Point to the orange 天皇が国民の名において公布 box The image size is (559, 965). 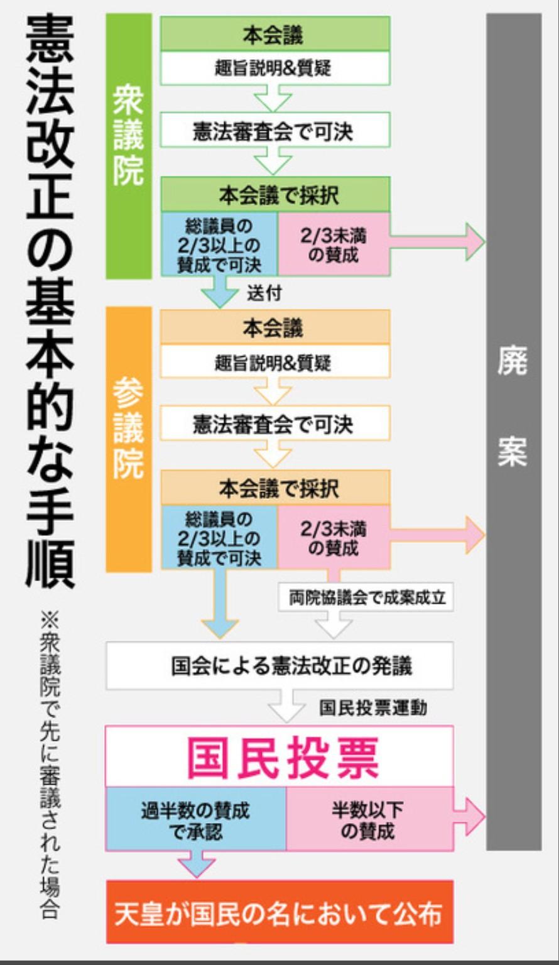[279, 913]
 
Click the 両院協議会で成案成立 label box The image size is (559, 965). [366, 597]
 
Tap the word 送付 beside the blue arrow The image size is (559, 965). [264, 293]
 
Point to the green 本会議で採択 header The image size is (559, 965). [275, 195]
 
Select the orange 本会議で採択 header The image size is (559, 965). [275, 488]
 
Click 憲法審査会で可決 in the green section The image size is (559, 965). [274, 131]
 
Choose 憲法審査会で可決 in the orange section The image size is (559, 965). [274, 424]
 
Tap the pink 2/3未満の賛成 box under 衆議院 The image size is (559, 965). [334, 244]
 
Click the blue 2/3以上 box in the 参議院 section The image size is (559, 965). [219, 538]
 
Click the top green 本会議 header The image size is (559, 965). [274, 35]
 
